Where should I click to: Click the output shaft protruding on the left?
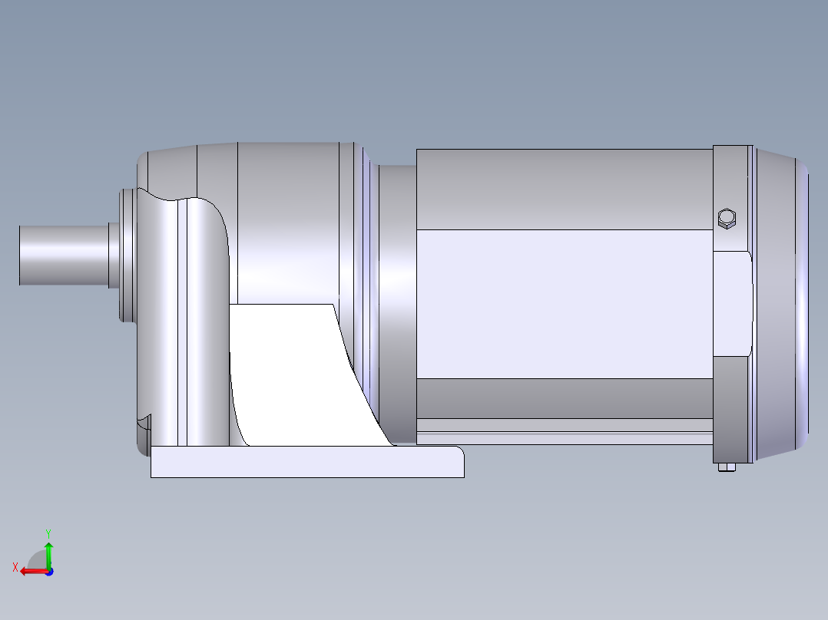[61, 255]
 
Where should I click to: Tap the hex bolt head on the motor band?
[726, 219]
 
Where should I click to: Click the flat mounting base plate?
[307, 462]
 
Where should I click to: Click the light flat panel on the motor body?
[565, 303]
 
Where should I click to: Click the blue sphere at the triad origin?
[48, 571]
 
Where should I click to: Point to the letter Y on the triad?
[48, 533]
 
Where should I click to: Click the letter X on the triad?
[15, 567]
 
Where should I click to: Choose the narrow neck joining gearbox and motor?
[397, 299]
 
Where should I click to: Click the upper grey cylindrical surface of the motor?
[565, 188]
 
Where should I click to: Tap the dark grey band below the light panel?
[565, 397]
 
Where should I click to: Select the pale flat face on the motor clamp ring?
[732, 303]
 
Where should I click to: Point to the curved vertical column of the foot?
[205, 322]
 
